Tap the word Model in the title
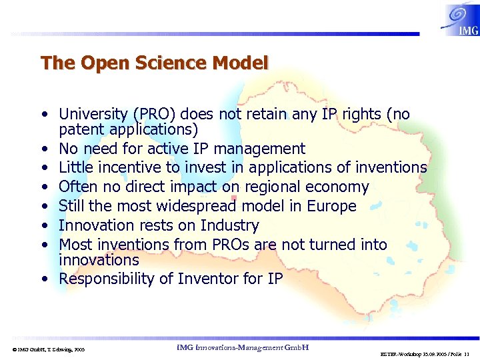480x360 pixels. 241,63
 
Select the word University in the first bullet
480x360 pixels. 93,115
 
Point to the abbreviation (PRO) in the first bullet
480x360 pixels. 157,115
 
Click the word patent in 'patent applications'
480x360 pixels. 81,129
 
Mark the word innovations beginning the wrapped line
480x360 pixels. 99,260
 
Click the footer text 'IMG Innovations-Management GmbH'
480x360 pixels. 239,347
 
